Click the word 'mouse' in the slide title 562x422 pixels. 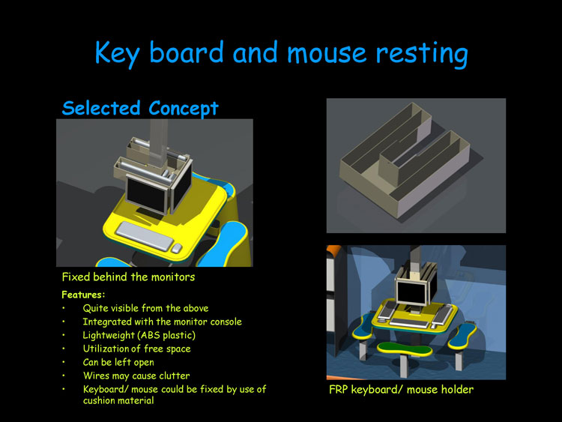click(326, 53)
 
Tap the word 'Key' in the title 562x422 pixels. click(117, 54)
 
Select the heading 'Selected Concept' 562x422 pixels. click(140, 108)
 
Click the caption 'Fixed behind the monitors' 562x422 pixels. click(128, 277)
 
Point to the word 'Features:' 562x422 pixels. click(83, 295)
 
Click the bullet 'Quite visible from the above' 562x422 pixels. click(145, 308)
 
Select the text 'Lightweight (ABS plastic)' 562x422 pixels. click(139, 335)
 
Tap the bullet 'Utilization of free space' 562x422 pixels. click(136, 349)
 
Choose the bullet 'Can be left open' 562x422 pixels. click(118, 362)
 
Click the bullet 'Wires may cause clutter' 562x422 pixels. click(136, 376)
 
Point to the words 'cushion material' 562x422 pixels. click(118, 400)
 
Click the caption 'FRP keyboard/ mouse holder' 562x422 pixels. click(401, 390)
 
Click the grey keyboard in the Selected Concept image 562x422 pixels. click(145, 235)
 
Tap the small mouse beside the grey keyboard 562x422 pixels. click(176, 248)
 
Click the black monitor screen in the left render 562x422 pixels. click(146, 195)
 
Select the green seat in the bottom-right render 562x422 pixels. click(405, 349)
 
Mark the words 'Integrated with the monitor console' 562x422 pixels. click(163, 322)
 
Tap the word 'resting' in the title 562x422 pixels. click(422, 54)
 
